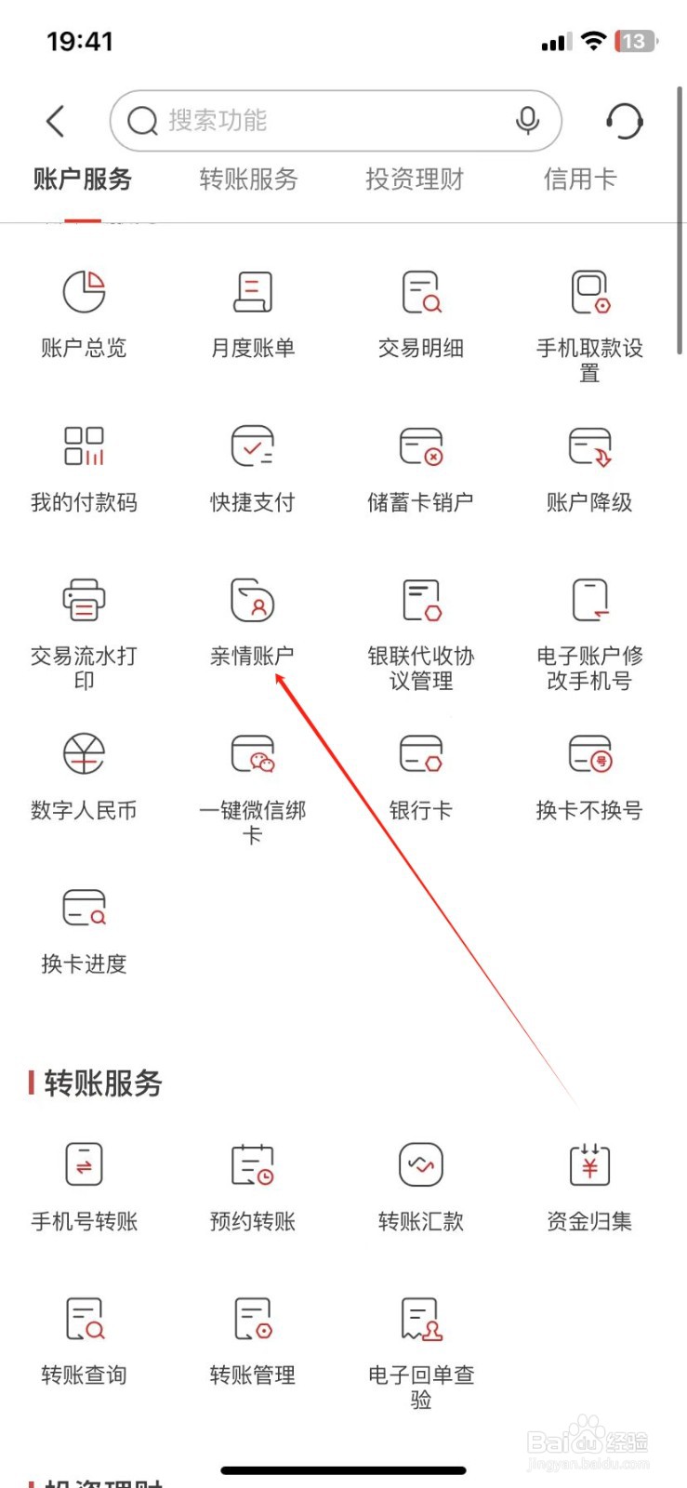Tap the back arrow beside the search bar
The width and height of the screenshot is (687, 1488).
(x=56, y=121)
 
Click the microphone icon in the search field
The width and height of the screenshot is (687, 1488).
(x=527, y=121)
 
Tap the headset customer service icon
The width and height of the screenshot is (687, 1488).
(x=624, y=121)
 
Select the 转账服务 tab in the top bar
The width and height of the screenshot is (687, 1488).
(x=248, y=179)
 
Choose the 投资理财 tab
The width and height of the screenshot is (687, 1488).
(x=414, y=179)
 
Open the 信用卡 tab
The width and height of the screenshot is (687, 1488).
(x=580, y=179)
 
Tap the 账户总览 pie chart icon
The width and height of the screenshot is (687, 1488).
(x=84, y=292)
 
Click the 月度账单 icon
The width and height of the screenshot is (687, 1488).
(x=252, y=292)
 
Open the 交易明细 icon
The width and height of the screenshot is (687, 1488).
(x=421, y=292)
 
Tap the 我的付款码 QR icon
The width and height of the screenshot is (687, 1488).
(x=84, y=446)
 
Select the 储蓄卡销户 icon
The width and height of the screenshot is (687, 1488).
(x=421, y=446)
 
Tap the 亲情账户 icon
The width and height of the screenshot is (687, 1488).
(x=252, y=600)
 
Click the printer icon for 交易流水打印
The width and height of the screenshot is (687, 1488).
(x=84, y=600)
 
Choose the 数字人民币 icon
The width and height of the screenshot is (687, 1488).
(x=84, y=754)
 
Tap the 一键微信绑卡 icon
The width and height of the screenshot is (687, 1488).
(x=252, y=754)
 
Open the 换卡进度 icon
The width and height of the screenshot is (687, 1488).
(x=84, y=908)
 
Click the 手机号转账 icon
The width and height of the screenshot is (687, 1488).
(x=84, y=1164)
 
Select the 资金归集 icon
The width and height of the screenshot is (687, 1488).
(x=589, y=1164)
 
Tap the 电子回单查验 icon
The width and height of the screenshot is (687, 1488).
(x=421, y=1319)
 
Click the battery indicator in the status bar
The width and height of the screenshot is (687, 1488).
(x=636, y=42)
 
